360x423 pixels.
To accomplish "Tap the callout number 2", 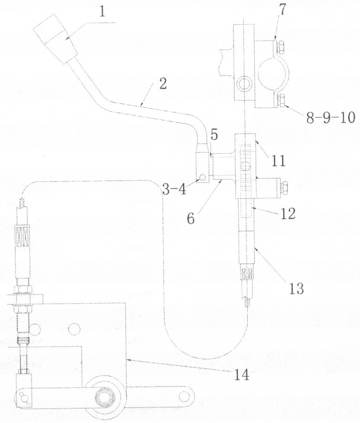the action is pyautogui.click(x=163, y=84).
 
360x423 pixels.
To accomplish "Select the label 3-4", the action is pyautogui.click(x=174, y=189).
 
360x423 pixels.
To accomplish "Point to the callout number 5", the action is pyautogui.click(x=214, y=136).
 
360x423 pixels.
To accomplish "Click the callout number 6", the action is pyautogui.click(x=190, y=219).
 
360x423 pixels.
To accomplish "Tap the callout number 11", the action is pyautogui.click(x=279, y=161).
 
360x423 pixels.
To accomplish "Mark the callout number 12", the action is pyautogui.click(x=288, y=214).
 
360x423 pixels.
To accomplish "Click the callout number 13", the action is pyautogui.click(x=297, y=289).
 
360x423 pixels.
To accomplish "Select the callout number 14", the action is pyautogui.click(x=242, y=375).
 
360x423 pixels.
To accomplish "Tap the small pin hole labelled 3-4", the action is pyautogui.click(x=203, y=177).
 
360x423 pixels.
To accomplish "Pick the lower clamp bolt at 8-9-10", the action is pyautogui.click(x=281, y=100).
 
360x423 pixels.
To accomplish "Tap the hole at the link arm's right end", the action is pyautogui.click(x=185, y=396).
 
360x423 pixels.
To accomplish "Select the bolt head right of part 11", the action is pyautogui.click(x=284, y=188).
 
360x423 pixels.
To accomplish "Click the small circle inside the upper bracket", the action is pyautogui.click(x=244, y=83).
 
